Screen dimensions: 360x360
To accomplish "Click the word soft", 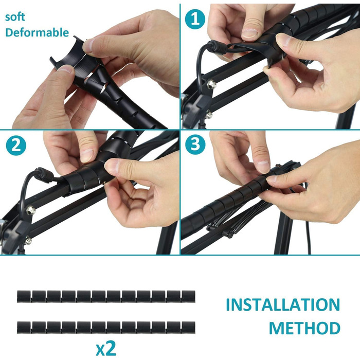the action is point(15,17).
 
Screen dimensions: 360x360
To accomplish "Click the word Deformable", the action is point(37,32).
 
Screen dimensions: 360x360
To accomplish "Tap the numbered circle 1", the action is point(195,19).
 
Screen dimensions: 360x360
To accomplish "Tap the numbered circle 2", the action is point(16,146).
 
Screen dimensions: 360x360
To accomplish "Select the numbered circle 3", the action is point(195,145).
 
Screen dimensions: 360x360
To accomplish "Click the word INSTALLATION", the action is point(283,304).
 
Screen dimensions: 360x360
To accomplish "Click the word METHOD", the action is point(304,328).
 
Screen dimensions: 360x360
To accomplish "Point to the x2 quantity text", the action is point(106,349).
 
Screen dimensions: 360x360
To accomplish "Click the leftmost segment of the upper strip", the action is point(24,296).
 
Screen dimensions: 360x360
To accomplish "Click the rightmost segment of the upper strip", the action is point(188,296).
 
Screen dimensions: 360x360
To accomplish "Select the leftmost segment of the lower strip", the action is point(24,328).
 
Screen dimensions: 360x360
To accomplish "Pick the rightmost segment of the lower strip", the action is point(188,328).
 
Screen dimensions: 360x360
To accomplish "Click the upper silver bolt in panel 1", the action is point(211,84).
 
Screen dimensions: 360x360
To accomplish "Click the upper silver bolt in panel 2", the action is point(31,210).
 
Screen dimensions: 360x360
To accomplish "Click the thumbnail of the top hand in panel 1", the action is point(250,33).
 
